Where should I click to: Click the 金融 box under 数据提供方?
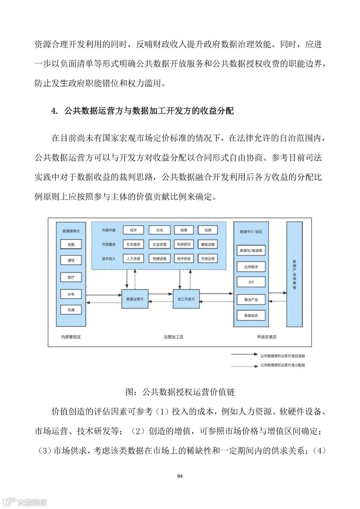pos(71,244)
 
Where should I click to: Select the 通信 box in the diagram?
pos(71,260)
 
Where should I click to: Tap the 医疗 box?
pos(71,277)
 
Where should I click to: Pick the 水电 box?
pos(71,294)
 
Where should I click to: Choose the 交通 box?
pos(71,310)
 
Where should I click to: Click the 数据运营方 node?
pos(135,299)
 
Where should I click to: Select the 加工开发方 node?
pos(186,299)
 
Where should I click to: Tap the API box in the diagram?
pos(251,282)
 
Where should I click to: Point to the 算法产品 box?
pos(251,300)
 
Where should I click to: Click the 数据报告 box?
pos(251,316)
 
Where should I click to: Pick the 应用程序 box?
pos(251,267)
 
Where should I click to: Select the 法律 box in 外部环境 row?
pos(208,230)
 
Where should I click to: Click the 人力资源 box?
pos(133,259)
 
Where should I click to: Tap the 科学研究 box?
pos(184,244)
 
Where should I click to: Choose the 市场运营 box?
pos(208,259)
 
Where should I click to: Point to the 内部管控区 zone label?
pos(71,337)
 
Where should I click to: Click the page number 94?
pos(180,476)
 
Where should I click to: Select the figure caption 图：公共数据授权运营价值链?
pos(180,392)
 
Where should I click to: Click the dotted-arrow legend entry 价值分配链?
pos(282,365)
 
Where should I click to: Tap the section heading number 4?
pos(54,111)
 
